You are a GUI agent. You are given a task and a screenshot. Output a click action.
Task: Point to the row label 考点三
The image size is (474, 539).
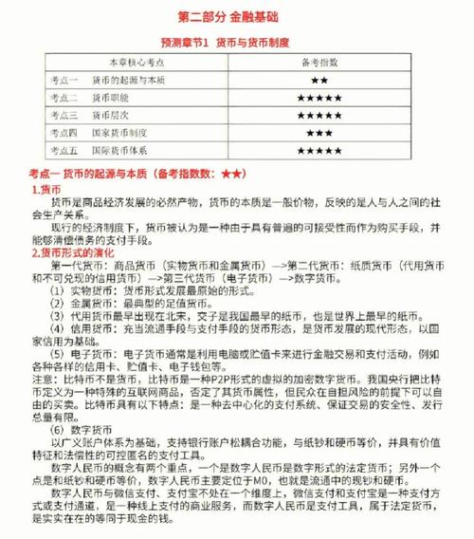[x=65, y=115]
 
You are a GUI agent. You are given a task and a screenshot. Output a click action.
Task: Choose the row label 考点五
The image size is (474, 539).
[x=65, y=150]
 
